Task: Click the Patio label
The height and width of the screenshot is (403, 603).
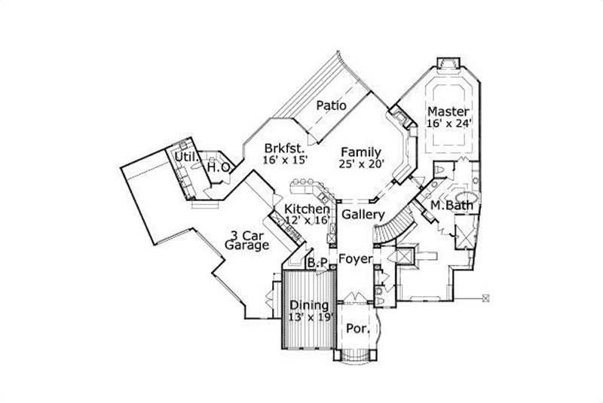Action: (x=331, y=105)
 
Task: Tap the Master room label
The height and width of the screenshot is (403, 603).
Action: (x=448, y=111)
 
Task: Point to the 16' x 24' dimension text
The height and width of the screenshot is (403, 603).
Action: (x=448, y=124)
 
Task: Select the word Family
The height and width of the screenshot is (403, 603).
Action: (x=361, y=152)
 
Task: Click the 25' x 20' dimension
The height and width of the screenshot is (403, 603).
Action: (x=362, y=164)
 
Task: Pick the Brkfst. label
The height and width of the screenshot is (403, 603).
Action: (x=285, y=148)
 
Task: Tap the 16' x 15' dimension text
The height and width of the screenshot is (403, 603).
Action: (x=286, y=160)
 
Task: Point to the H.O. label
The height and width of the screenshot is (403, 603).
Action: (x=219, y=167)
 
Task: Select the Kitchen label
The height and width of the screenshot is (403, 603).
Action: (x=307, y=209)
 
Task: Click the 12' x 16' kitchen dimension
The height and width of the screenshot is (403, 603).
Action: (x=308, y=220)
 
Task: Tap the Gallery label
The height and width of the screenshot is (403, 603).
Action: (x=363, y=215)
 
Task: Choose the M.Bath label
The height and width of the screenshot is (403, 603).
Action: (x=451, y=206)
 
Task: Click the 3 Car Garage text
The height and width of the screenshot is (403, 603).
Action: (x=247, y=240)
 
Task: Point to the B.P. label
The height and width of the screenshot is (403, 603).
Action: (x=317, y=263)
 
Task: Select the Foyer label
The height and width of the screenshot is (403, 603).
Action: (x=356, y=260)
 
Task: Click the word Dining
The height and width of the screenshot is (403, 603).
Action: (x=309, y=306)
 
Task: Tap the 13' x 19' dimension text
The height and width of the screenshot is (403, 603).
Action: (x=311, y=318)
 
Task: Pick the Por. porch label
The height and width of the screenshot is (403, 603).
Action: (x=358, y=329)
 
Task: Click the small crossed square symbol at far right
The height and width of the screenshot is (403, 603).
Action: (x=485, y=298)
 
